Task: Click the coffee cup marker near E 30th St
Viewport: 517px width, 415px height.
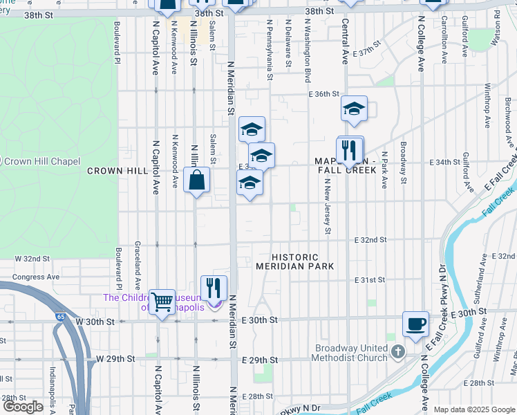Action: click(415, 324)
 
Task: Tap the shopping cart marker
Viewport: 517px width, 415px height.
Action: click(162, 302)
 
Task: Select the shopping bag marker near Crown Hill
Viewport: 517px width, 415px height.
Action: click(197, 180)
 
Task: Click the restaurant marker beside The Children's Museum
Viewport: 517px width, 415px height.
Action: click(214, 288)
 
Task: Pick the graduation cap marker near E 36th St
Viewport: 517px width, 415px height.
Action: click(353, 109)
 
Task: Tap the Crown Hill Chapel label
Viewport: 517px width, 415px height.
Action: click(44, 161)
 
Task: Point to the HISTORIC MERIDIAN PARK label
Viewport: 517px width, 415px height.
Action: click(295, 261)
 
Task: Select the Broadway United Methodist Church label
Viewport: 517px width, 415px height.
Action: click(352, 353)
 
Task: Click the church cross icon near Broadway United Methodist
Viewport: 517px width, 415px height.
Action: click(397, 353)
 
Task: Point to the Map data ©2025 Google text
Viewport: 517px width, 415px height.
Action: click(473, 409)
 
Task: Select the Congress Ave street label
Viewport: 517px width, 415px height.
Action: click(37, 277)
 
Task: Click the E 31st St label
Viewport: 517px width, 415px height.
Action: click(369, 280)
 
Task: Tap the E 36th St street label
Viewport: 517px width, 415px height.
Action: click(324, 94)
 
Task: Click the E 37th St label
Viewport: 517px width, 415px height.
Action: click(367, 53)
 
